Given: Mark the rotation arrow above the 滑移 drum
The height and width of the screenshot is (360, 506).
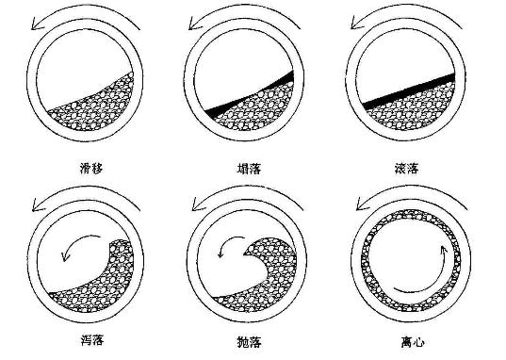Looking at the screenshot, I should (85, 13).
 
